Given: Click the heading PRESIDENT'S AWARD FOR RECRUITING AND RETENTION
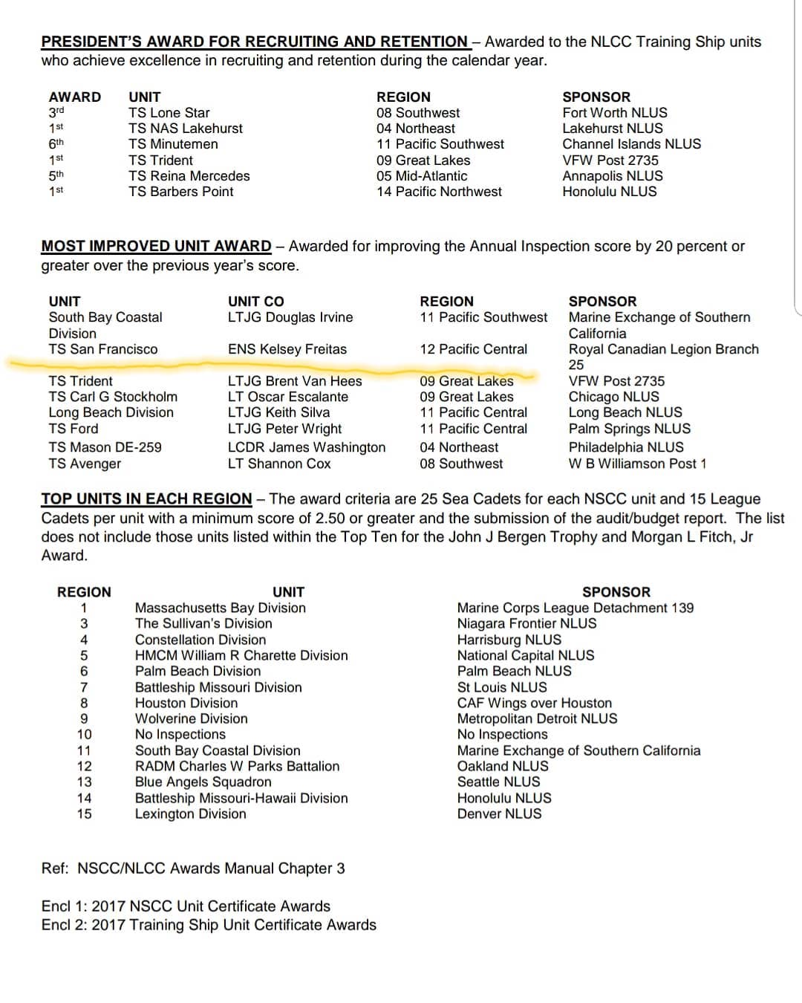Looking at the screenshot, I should pyautogui.click(x=254, y=42).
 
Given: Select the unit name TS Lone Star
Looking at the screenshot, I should pyautogui.click(x=169, y=113).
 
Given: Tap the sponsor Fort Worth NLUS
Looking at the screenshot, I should pyautogui.click(x=614, y=113).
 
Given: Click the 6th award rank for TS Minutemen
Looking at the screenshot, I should pyautogui.click(x=56, y=143).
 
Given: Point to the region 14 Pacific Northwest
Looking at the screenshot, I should pyautogui.click(x=439, y=192).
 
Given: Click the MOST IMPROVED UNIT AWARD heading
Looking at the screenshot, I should pyautogui.click(x=156, y=246).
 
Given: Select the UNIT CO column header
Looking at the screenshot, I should pyautogui.click(x=255, y=301).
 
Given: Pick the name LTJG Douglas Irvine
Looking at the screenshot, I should pyautogui.click(x=290, y=317).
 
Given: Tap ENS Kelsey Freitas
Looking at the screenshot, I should pyautogui.click(x=287, y=349).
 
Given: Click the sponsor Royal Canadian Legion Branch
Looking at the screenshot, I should pyautogui.click(x=663, y=349).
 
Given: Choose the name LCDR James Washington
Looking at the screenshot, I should pyautogui.click(x=307, y=447).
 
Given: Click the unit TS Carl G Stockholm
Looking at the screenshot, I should pyautogui.click(x=113, y=397).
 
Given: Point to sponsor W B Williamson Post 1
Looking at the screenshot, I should pyautogui.click(x=637, y=464).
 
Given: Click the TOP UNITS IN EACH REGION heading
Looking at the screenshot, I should pyautogui.click(x=146, y=499).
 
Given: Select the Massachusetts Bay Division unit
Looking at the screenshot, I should pyautogui.click(x=220, y=608).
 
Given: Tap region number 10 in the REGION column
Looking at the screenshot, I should pyautogui.click(x=84, y=735).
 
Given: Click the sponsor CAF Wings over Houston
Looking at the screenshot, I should pyautogui.click(x=534, y=703).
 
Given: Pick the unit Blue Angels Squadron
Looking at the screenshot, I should pyautogui.click(x=203, y=782).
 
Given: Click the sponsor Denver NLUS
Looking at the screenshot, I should pyautogui.click(x=499, y=814).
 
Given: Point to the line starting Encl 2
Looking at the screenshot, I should pyautogui.click(x=209, y=925).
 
